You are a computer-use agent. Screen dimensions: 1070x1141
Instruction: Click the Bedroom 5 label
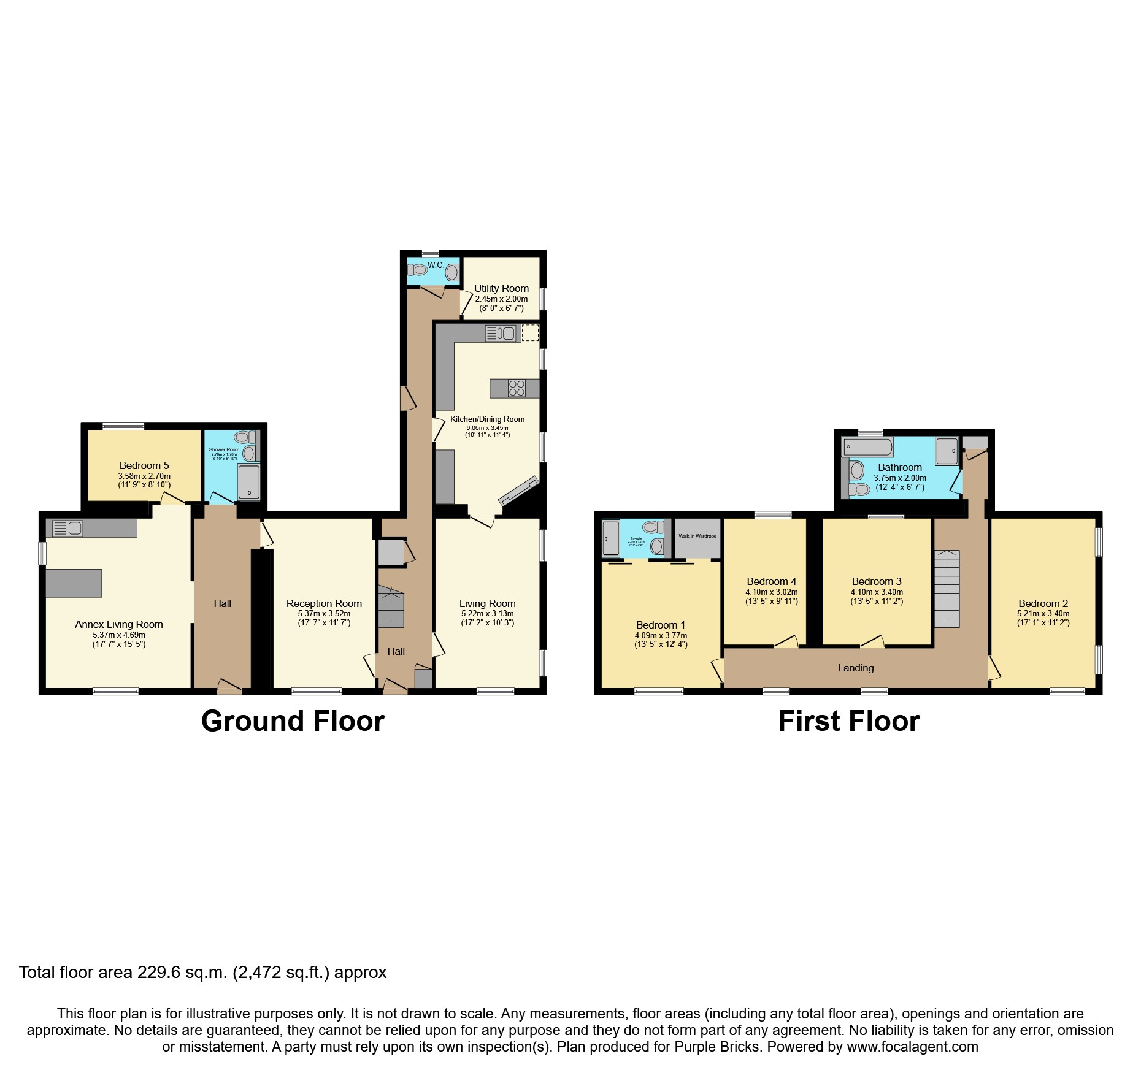click(144, 465)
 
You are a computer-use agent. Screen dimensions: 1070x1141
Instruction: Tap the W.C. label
click(436, 265)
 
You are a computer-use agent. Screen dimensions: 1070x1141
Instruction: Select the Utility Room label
click(501, 288)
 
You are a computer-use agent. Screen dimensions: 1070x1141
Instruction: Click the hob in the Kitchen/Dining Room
click(517, 388)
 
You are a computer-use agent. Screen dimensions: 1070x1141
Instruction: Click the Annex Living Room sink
click(67, 528)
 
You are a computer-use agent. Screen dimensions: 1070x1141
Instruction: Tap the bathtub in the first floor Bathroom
click(867, 446)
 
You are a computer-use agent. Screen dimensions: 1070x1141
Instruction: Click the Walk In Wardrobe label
click(697, 536)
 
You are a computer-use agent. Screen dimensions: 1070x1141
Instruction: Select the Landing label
click(856, 668)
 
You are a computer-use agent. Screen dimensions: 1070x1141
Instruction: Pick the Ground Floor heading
click(293, 721)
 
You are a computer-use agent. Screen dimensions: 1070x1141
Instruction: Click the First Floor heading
click(849, 721)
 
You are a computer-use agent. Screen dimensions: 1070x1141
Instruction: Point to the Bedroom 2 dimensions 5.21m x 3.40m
click(1043, 613)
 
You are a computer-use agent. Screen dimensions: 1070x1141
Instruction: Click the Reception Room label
click(324, 603)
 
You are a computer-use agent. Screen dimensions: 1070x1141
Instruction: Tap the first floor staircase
click(947, 589)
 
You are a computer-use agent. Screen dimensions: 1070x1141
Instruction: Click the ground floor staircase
click(391, 607)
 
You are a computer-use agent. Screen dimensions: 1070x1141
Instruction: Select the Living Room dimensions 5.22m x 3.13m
click(488, 613)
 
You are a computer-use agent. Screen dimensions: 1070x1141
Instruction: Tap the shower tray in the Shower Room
click(248, 482)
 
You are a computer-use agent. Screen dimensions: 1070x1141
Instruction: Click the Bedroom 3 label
click(877, 581)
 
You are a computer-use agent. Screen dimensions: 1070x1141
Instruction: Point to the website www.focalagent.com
click(912, 1047)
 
